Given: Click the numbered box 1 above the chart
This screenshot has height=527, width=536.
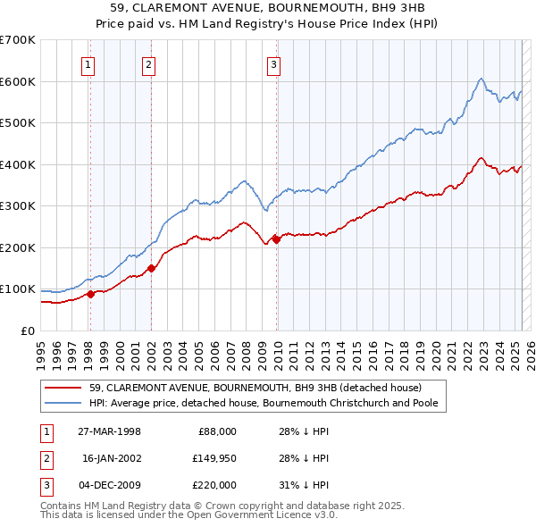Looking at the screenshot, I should pos(89,63).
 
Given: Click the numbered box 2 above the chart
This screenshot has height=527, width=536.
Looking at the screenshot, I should pos(148,63).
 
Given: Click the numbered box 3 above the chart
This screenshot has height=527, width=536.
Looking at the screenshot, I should pos(273,63).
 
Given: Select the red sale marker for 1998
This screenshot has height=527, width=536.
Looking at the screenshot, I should pos(90,294).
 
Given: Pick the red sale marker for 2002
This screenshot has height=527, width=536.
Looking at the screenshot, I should pos(151,268).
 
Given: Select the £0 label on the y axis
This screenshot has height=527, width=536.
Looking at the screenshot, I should pos(28,330).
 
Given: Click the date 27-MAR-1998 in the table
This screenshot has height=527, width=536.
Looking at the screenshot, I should pos(110,431).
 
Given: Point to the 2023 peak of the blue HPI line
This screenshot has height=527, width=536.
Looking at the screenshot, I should pos(481,79).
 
